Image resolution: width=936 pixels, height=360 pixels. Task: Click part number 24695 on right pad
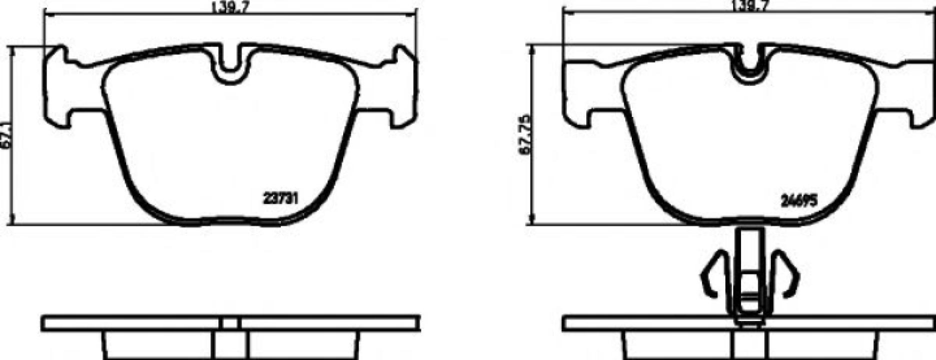(799, 201)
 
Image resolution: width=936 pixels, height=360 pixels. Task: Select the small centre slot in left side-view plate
(230, 323)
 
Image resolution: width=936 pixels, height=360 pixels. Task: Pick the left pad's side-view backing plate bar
(130, 323)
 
